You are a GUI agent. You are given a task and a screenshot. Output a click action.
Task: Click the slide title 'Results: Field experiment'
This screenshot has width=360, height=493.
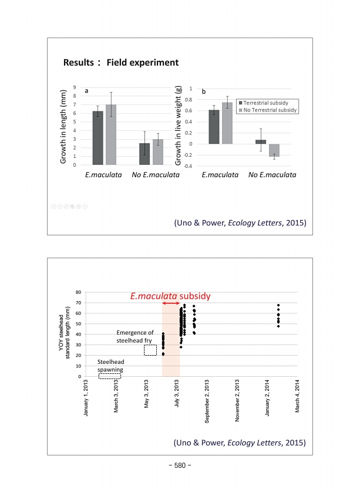click(x=120, y=62)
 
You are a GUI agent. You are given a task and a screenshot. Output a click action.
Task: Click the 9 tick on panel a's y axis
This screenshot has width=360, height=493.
click(x=74, y=87)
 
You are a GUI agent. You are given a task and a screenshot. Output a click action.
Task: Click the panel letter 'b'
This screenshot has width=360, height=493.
click(x=204, y=92)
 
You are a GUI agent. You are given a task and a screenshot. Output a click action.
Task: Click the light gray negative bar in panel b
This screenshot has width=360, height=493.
click(x=274, y=150)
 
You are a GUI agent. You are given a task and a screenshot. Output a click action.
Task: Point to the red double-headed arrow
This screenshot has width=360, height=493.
click(x=171, y=303)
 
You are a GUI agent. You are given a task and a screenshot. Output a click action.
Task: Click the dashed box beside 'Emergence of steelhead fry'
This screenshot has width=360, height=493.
click(x=150, y=350)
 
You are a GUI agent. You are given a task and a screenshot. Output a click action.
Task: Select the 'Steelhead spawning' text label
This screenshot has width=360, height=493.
click(x=110, y=366)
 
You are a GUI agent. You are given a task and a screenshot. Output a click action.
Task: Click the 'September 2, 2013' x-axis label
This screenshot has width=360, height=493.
click(x=206, y=402)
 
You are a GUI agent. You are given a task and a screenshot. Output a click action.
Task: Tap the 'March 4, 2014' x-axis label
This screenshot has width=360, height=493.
click(x=298, y=399)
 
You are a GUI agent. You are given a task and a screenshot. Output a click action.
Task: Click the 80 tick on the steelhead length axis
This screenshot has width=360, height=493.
click(x=79, y=292)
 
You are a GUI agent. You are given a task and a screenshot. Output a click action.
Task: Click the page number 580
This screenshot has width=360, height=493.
click(x=180, y=465)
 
